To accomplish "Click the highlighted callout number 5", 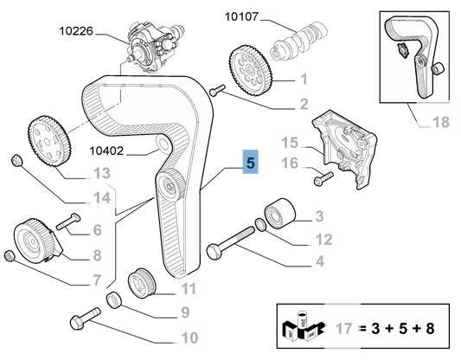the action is [x=250, y=163].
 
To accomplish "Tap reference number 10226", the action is [x=76, y=31].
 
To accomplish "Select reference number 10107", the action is [x=241, y=16].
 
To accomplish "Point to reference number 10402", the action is [x=106, y=151].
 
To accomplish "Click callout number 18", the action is [x=441, y=122].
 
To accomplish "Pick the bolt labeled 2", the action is [x=217, y=89].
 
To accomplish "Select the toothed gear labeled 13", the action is [x=49, y=140].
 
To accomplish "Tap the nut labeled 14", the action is [x=16, y=160].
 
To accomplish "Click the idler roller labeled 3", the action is [x=279, y=213].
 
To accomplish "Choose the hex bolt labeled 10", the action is [x=86, y=318].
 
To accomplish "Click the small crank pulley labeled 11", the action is [x=142, y=282].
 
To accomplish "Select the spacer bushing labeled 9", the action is [x=114, y=300].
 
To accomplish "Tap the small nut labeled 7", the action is [x=10, y=255].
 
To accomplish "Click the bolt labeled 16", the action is [x=323, y=178].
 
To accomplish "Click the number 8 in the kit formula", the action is [x=430, y=328].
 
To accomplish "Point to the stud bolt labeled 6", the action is [x=68, y=222].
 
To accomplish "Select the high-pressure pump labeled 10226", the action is [x=155, y=47].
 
